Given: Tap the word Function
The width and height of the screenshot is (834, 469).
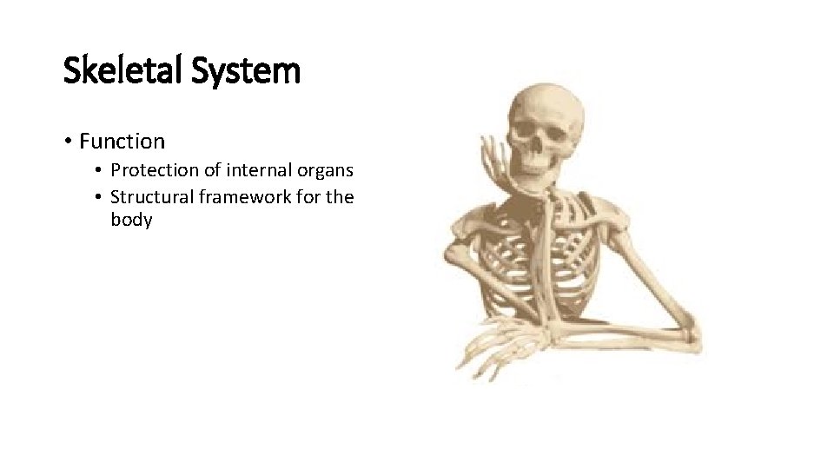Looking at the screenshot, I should pos(122,141).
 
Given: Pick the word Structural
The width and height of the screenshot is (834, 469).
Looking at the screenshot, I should pos(152,197).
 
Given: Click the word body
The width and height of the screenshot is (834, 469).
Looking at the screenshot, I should pos(131,220).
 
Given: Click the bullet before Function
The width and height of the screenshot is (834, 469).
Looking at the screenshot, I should pos(67,142).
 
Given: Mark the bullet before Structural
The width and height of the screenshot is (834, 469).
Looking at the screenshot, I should pos(100,198).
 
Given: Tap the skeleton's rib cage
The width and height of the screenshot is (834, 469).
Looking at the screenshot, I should pos(565,261).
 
